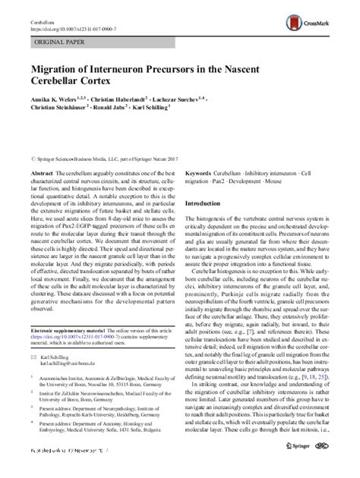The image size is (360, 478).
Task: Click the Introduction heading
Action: pyautogui.click(x=207, y=204)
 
